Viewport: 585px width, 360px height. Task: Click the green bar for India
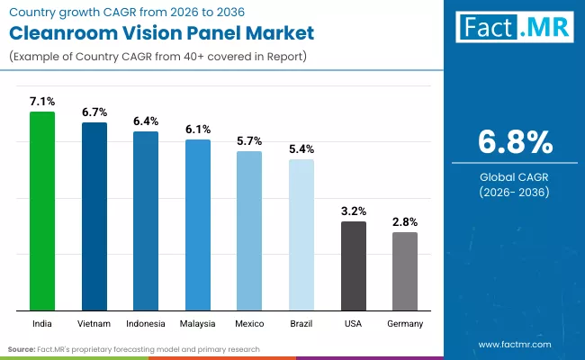pos(42,211)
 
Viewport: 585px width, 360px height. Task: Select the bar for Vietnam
pos(94,217)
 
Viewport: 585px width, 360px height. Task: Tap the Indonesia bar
pos(146,221)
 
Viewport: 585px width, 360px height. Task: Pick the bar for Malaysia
pos(198,225)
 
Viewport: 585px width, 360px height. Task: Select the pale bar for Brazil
pos(301,235)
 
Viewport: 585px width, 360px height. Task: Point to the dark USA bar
pos(354,266)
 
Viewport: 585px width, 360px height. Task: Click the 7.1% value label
pos(42,102)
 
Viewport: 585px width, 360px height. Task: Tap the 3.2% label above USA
pos(354,211)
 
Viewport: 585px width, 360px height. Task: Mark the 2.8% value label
pos(405,221)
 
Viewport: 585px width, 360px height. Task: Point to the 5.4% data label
pos(301,148)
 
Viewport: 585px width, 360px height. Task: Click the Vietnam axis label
pos(94,323)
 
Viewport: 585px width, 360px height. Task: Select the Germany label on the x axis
pos(405,323)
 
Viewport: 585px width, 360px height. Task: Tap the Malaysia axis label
pos(198,323)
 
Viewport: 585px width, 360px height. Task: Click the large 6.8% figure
pos(514,142)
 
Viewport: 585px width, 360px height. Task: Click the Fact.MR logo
pos(515,29)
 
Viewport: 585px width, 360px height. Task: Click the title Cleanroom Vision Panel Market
pos(162,34)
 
